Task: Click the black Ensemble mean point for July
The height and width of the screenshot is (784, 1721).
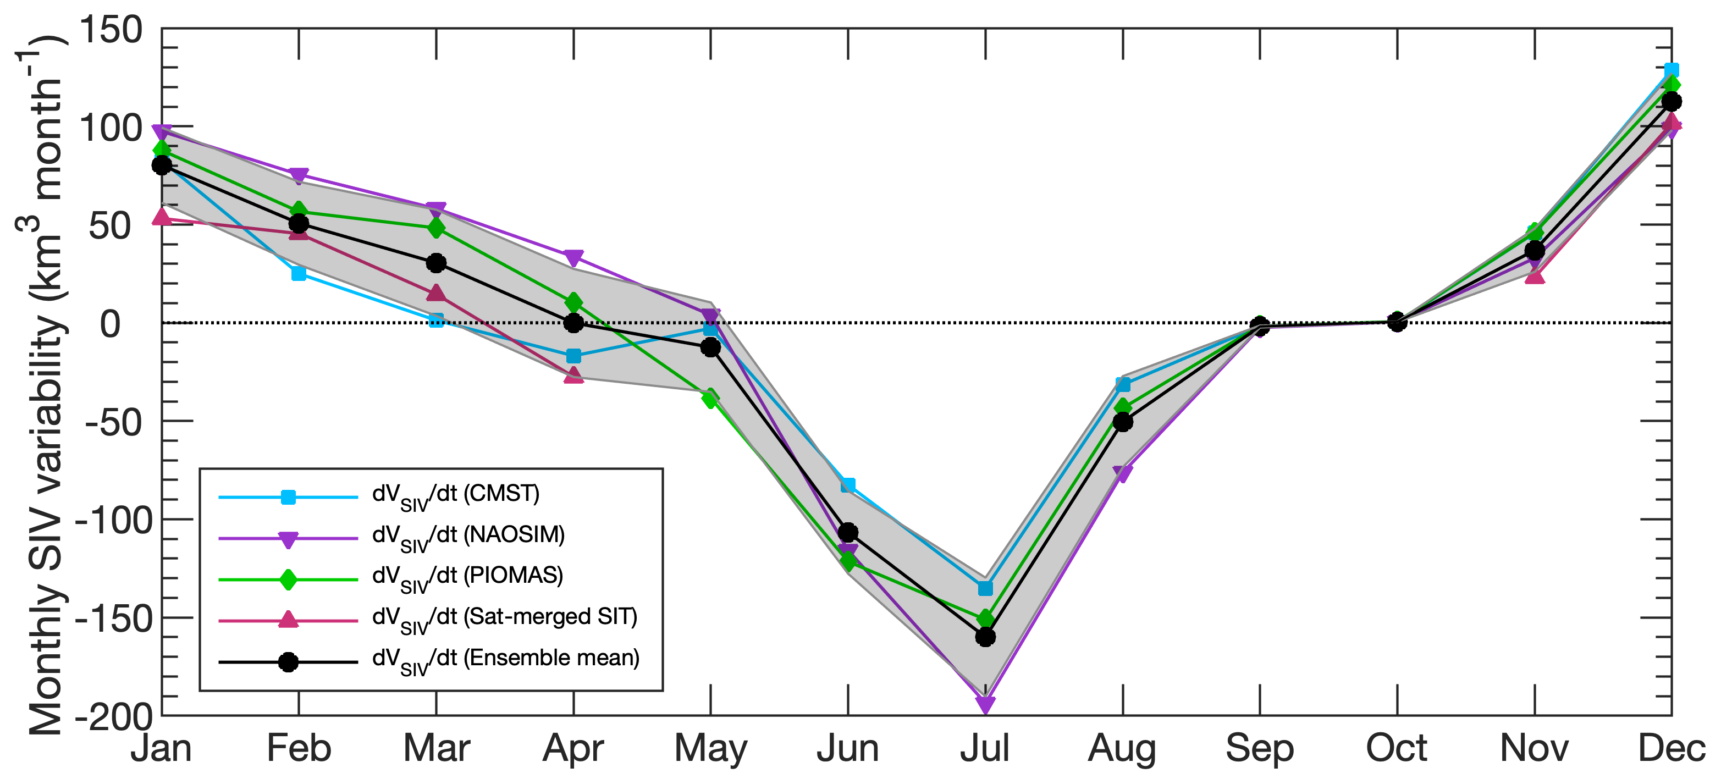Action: [x=985, y=637]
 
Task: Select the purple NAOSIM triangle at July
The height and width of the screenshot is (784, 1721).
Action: [x=985, y=704]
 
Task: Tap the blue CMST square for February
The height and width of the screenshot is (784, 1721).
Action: [x=299, y=273]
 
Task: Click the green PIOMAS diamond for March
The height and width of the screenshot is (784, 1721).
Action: [x=436, y=228]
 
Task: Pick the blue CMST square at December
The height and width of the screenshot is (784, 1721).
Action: [x=1671, y=70]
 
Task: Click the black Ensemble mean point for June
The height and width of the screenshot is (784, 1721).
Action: [x=848, y=532]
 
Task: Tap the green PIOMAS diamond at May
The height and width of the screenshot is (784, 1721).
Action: [x=710, y=399]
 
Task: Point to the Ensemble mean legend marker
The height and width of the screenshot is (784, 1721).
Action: [x=288, y=662]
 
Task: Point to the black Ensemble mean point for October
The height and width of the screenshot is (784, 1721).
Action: [x=1396, y=322]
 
